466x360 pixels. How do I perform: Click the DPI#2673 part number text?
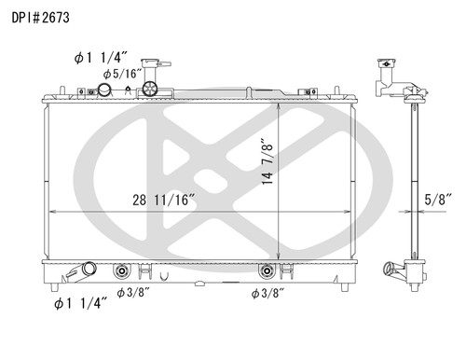pyautogui.click(x=39, y=17)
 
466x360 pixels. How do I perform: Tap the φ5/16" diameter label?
pyautogui.click(x=121, y=73)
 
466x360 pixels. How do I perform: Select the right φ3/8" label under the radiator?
pyautogui.click(x=268, y=292)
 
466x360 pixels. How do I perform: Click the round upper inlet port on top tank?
pyautogui.click(x=105, y=90)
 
